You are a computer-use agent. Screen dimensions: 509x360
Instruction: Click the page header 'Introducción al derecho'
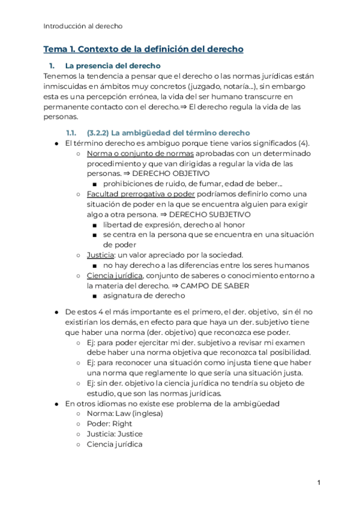coord(83,26)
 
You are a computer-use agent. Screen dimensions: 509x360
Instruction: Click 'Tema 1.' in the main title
coord(60,49)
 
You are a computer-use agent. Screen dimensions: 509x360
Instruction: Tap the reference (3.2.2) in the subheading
coord(100,133)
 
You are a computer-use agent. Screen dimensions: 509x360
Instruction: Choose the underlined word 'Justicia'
coord(101,254)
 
